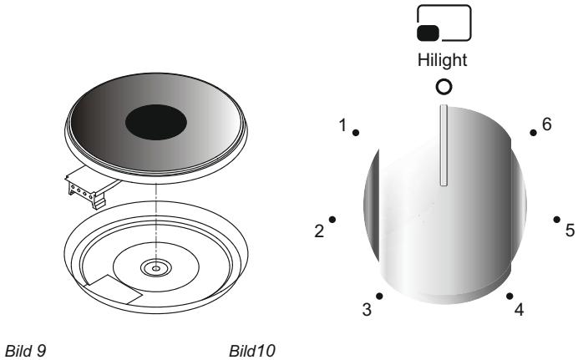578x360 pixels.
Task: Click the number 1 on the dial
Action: [x=342, y=124]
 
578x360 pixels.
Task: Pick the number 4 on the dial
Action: [x=519, y=310]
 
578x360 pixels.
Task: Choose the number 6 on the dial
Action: [x=547, y=123]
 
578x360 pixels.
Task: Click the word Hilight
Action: [x=444, y=63]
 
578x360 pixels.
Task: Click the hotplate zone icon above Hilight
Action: [x=444, y=23]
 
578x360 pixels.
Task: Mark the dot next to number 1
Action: [x=357, y=133]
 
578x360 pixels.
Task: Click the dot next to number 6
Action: [x=532, y=133]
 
